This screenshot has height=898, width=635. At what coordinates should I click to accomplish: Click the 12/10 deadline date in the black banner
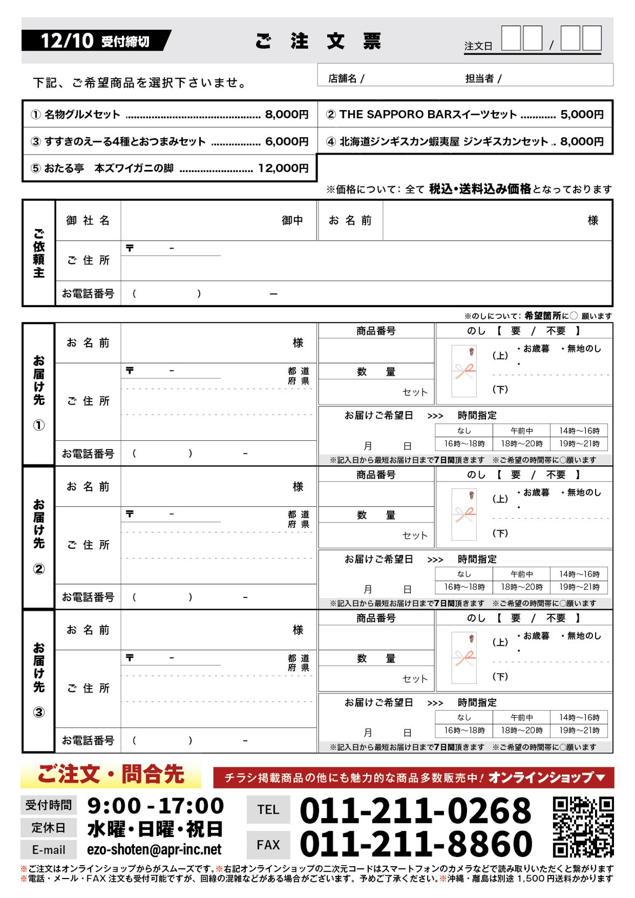pyautogui.click(x=67, y=40)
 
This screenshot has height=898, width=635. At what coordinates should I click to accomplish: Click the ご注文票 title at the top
pyautogui.click(x=319, y=41)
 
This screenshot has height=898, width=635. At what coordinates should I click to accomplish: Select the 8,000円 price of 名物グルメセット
pyautogui.click(x=287, y=114)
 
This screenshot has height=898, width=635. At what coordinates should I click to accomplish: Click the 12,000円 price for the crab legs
pyautogui.click(x=283, y=168)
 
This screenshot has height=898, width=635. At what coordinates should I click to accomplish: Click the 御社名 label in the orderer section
pyautogui.click(x=88, y=220)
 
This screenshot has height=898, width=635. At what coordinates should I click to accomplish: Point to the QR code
pyautogui.click(x=583, y=827)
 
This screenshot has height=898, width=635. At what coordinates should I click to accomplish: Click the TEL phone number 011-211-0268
pyautogui.click(x=415, y=810)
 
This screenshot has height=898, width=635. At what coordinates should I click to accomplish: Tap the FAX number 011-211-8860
pyautogui.click(x=415, y=844)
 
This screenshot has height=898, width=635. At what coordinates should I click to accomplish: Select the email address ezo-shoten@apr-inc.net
pyautogui.click(x=154, y=850)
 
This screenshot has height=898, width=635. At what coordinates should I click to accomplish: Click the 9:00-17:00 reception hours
pyautogui.click(x=156, y=806)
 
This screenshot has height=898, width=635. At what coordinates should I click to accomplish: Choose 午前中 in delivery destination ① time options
pyautogui.click(x=522, y=431)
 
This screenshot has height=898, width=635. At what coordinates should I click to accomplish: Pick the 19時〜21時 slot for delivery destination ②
pyautogui.click(x=579, y=587)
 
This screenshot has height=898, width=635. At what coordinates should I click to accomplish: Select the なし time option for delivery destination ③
pyautogui.click(x=464, y=717)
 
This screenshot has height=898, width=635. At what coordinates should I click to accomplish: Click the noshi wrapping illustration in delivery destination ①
pyautogui.click(x=465, y=371)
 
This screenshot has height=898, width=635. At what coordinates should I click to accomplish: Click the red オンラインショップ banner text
pyautogui.click(x=546, y=778)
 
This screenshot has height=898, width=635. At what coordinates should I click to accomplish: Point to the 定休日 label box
pyautogui.click(x=49, y=827)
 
